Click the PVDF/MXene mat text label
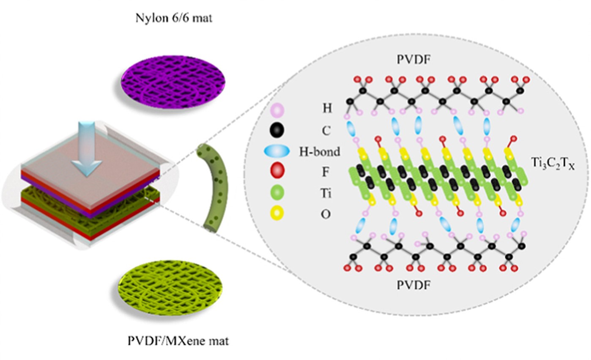click(178, 341)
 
